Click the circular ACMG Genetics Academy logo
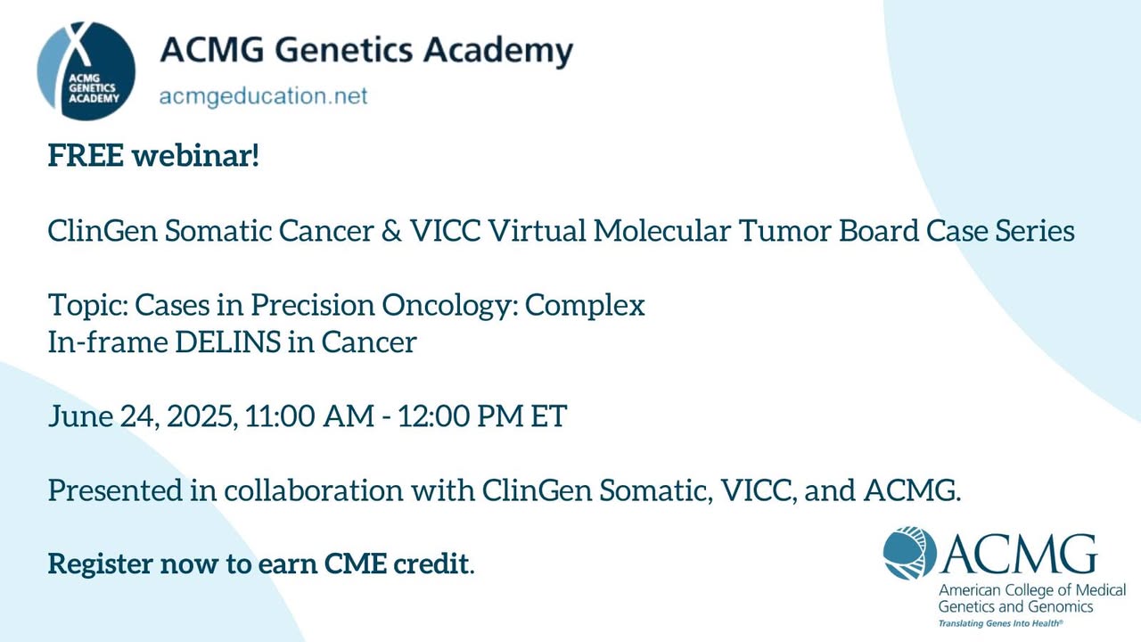[86, 70]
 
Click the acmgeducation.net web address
[263, 96]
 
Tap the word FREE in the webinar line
[86, 155]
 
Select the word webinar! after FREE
[196, 155]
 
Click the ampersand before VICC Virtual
[391, 230]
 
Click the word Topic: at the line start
[87, 306]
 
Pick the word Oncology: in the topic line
[450, 306]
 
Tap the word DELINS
[227, 342]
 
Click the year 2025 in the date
[202, 416]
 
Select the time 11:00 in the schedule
[280, 416]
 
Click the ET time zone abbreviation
[548, 416]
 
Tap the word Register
[101, 564]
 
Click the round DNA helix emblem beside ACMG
[910, 554]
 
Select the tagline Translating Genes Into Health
[1000, 623]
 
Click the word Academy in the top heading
[498, 52]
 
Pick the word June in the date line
[81, 416]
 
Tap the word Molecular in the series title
[662, 230]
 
